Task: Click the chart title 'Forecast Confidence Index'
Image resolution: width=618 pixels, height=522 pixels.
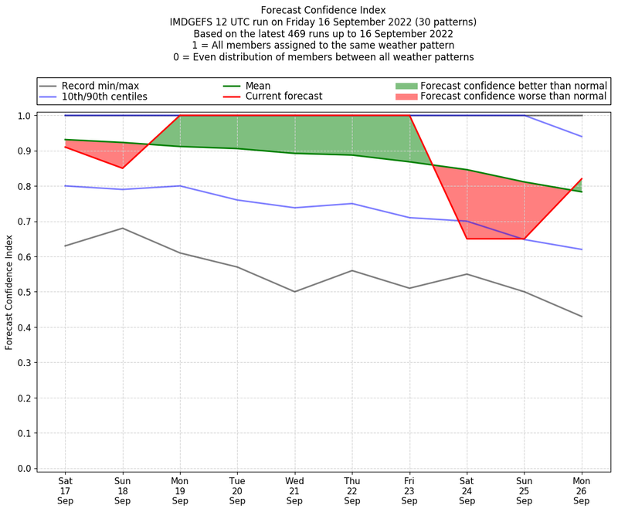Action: (x=323, y=10)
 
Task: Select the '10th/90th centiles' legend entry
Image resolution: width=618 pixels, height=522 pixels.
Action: (x=104, y=97)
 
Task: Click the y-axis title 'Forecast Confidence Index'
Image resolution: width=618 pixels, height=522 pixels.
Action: (x=10, y=292)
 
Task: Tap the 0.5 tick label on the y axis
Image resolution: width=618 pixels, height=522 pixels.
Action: (x=24, y=292)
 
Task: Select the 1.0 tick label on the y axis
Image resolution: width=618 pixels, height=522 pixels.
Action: (x=24, y=116)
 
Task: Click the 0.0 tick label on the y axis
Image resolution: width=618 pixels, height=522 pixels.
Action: (x=24, y=469)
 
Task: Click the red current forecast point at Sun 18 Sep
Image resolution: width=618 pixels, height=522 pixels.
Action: (x=122, y=168)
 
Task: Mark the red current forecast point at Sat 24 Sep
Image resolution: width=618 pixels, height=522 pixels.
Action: (x=467, y=239)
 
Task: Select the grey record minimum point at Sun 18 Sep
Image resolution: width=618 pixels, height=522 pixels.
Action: (x=122, y=228)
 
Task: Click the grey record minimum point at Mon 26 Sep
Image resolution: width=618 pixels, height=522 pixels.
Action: (x=582, y=317)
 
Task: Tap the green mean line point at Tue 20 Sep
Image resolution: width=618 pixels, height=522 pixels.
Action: (x=237, y=148)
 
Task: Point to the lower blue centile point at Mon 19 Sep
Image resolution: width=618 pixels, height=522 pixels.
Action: (x=180, y=186)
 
